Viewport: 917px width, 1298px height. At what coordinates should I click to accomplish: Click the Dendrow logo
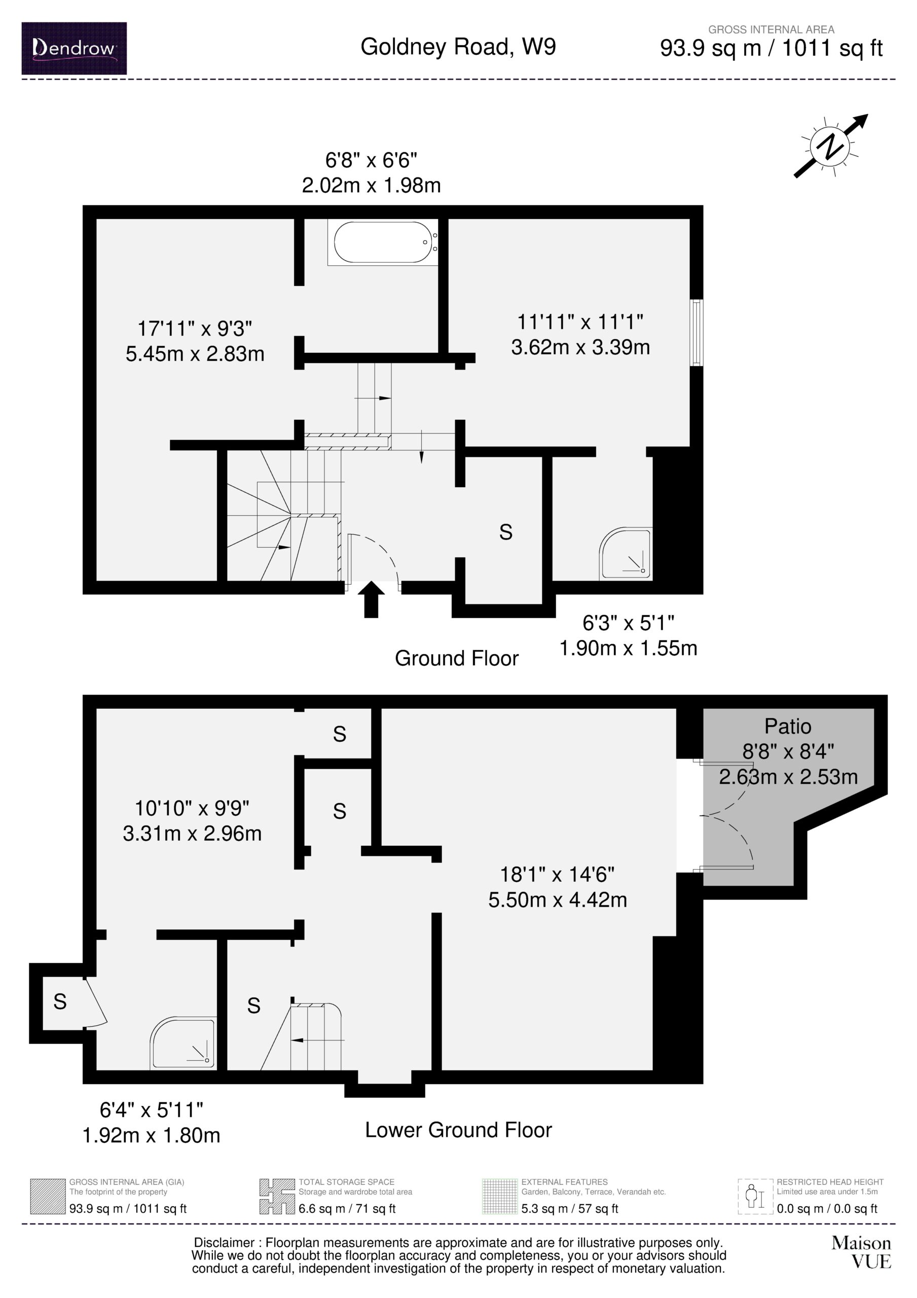74,48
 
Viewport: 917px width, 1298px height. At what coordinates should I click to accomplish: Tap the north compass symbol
831,146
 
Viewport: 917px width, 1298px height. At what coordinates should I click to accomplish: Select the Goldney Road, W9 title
458,47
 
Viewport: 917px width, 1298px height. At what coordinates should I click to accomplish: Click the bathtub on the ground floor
382,242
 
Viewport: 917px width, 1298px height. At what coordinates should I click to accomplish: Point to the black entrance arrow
371,599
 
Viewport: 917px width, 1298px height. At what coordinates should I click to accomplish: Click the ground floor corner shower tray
626,554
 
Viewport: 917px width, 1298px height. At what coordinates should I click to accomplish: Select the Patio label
788,726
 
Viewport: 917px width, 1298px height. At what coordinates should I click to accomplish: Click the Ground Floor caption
456,658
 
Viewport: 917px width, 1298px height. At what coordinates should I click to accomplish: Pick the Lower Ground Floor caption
458,1130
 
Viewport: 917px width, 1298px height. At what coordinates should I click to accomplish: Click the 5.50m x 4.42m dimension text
558,899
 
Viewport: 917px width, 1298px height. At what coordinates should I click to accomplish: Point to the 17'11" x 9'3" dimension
195,328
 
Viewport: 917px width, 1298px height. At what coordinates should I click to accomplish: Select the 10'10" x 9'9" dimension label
192,808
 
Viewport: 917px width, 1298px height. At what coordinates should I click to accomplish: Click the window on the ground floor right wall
697,333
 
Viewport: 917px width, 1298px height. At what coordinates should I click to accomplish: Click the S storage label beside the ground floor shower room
506,532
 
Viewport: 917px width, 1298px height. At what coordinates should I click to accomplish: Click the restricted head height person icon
755,1196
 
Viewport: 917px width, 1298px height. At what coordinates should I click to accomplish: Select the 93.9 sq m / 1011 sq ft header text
771,48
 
